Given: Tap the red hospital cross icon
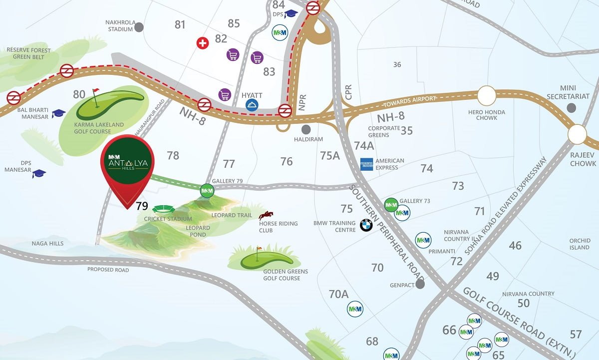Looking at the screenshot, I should [202, 43].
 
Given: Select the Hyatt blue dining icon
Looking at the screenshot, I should [252, 105].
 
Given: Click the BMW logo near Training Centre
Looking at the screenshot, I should [366, 226].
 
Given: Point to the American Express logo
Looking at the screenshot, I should [367, 164].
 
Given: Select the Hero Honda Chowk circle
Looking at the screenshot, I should [487, 95].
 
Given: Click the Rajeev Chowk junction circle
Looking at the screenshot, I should [577, 134].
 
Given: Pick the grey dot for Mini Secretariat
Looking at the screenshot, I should [572, 107].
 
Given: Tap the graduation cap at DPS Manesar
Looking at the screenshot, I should [39, 173].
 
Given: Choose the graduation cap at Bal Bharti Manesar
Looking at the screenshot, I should [58, 113].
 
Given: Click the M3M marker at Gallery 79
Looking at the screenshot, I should [207, 190].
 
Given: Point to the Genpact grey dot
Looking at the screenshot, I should [420, 284].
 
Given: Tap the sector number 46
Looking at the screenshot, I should [515, 246].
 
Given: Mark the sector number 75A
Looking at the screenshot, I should [329, 155].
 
